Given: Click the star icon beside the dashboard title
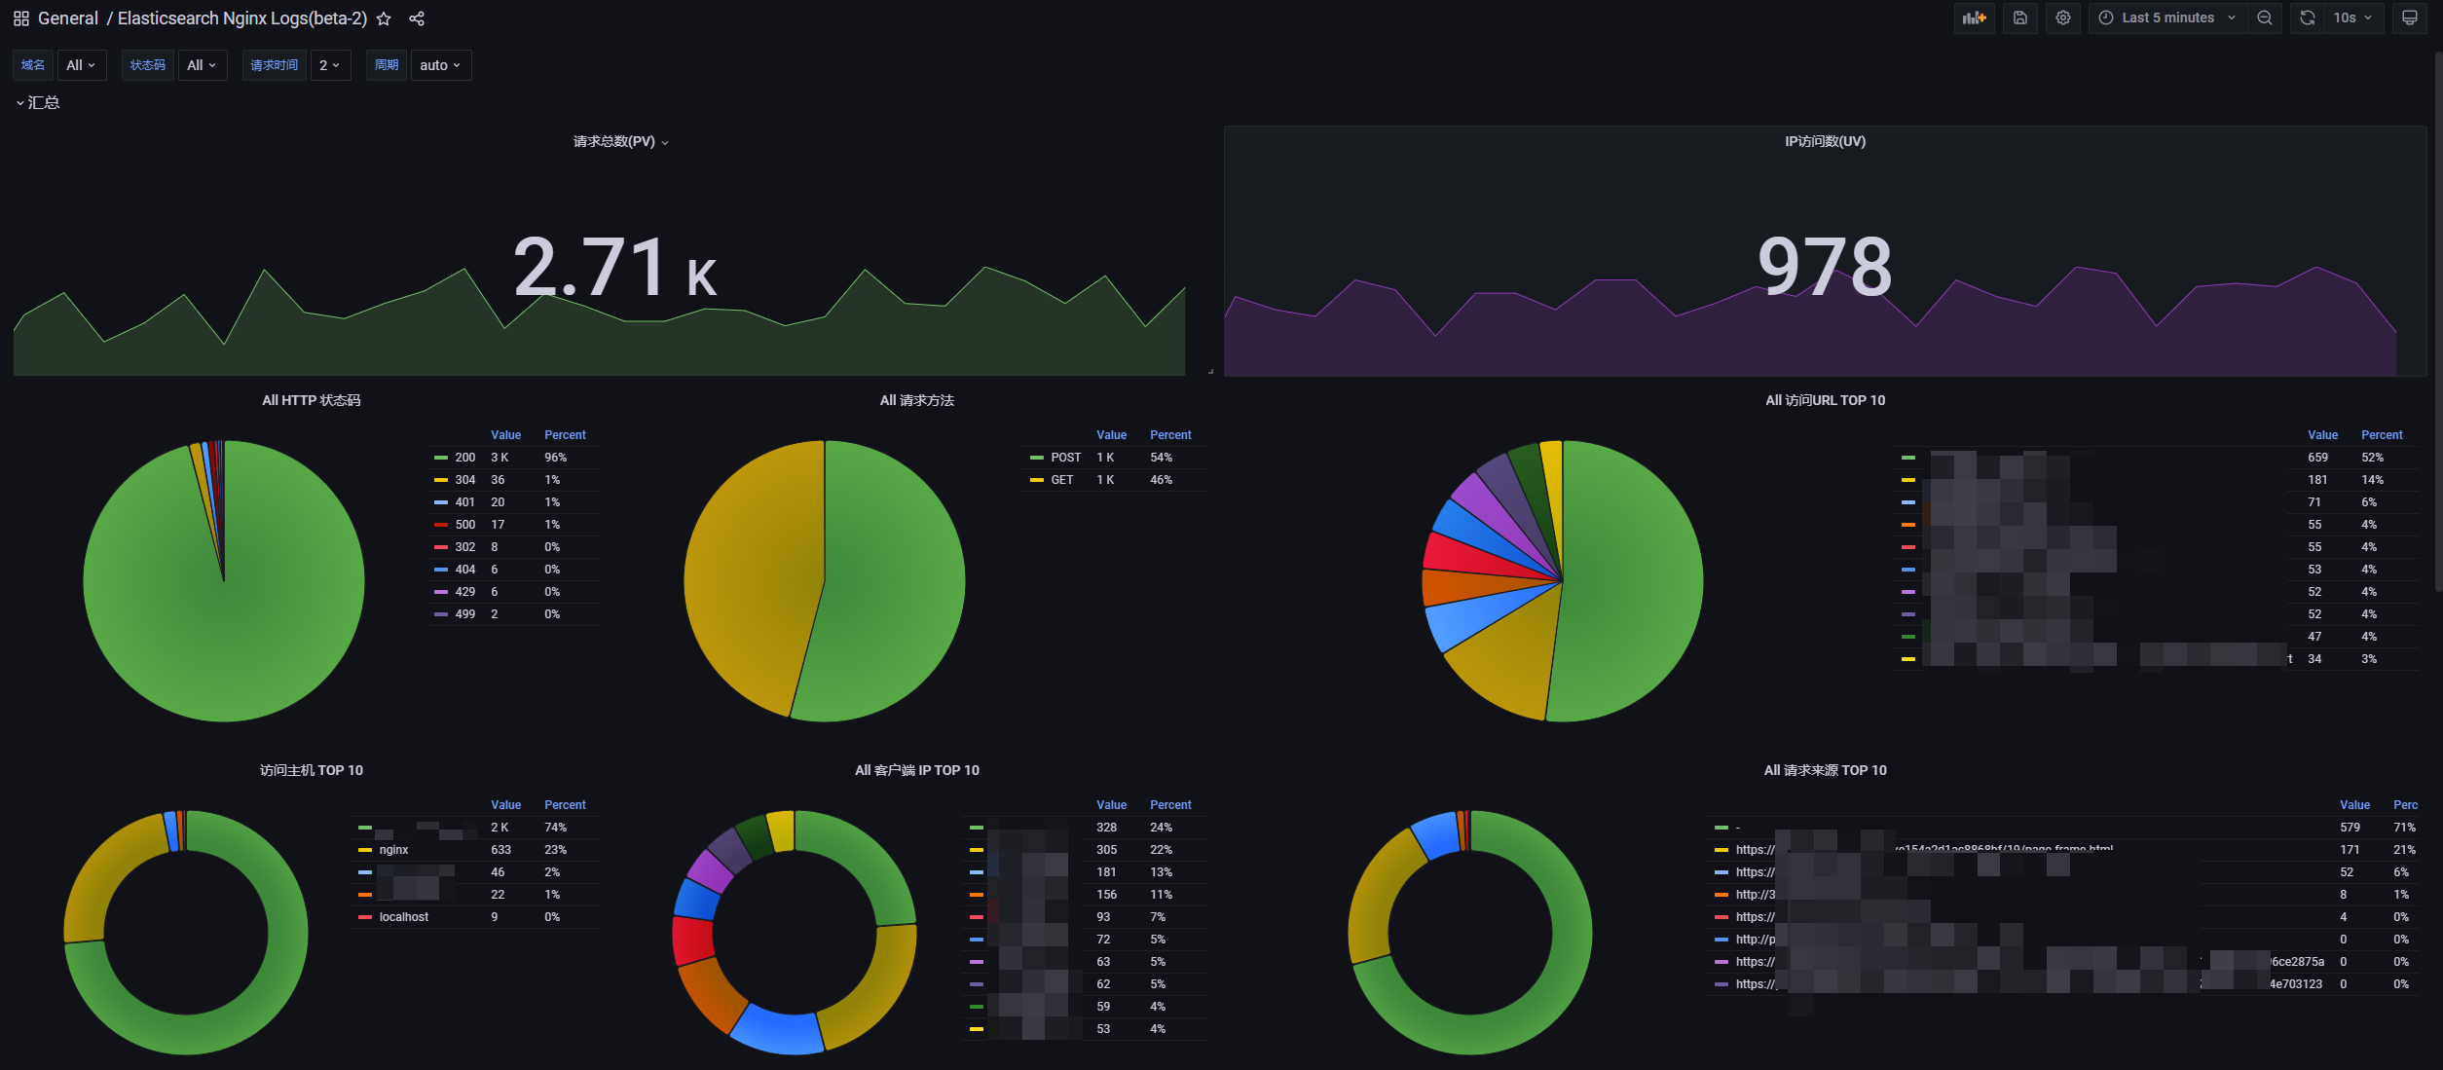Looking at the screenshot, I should point(384,18).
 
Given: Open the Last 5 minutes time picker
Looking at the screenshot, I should point(2167,18).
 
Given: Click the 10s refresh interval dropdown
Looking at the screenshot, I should point(2351,18).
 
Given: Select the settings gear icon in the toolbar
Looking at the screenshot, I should point(2063,18).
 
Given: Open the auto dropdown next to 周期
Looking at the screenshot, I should point(440,65).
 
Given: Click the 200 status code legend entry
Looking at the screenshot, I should point(464,458).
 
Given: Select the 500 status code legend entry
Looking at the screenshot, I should point(464,525).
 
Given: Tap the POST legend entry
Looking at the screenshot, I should point(1065,458).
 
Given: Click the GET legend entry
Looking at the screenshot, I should point(1061,480).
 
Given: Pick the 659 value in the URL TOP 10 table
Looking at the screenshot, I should point(2317,458).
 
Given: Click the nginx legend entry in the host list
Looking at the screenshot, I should point(393,850).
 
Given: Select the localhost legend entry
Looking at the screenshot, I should point(403,917).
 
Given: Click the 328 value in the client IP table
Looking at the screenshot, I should point(1106,828).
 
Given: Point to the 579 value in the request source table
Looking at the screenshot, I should point(2350,828).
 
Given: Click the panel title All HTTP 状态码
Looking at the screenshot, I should point(311,400).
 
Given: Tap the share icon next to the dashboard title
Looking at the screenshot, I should point(417,18).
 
